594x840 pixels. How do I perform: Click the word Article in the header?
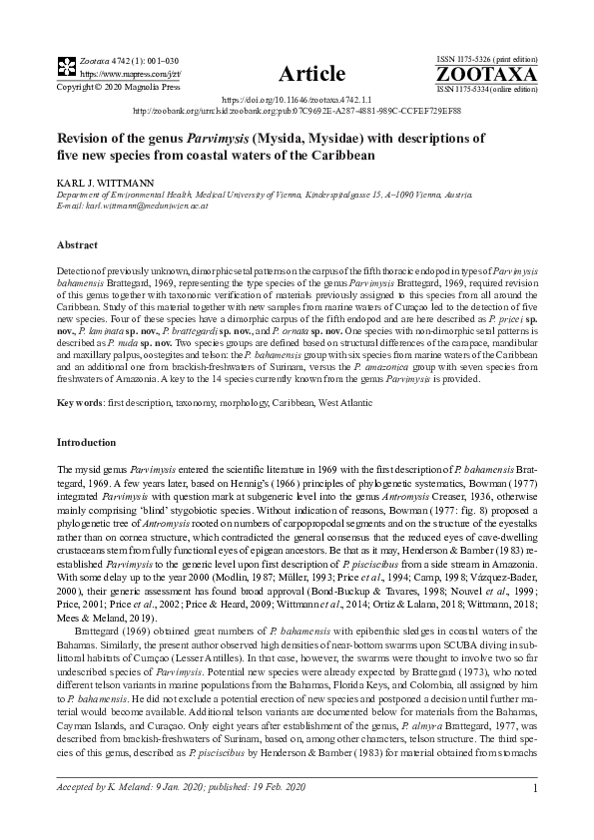[311, 74]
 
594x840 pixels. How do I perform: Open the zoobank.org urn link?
[297, 112]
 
